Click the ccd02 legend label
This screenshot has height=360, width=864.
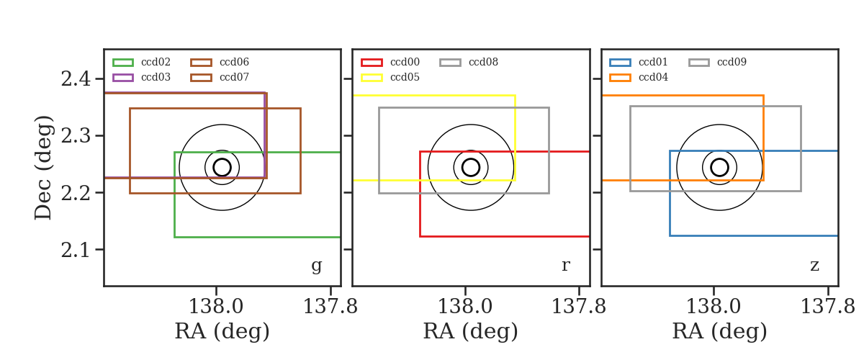click(x=156, y=62)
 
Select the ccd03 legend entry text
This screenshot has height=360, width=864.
click(x=156, y=77)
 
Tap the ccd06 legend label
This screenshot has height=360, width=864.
click(x=234, y=62)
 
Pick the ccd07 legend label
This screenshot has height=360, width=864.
click(x=234, y=77)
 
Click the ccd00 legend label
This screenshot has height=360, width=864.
click(x=405, y=62)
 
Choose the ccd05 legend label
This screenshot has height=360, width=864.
click(x=405, y=77)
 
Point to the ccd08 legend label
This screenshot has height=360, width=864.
click(x=483, y=62)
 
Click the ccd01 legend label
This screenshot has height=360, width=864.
click(x=653, y=62)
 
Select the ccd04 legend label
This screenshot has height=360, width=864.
click(x=653, y=77)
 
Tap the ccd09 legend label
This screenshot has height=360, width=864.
click(x=732, y=62)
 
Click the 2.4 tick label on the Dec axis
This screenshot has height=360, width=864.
click(x=76, y=78)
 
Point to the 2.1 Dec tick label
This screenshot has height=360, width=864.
click(x=76, y=250)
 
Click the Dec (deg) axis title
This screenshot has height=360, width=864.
click(x=42, y=168)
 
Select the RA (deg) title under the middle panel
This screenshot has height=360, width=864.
click(x=471, y=331)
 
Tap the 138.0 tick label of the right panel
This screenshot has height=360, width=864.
click(x=714, y=307)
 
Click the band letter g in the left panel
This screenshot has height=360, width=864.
click(x=316, y=266)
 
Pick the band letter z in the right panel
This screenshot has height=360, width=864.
click(x=814, y=266)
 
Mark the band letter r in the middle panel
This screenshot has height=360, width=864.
click(x=565, y=266)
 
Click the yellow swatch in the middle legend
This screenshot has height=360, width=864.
click(x=372, y=78)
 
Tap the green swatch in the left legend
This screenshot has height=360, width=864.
click(x=123, y=63)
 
